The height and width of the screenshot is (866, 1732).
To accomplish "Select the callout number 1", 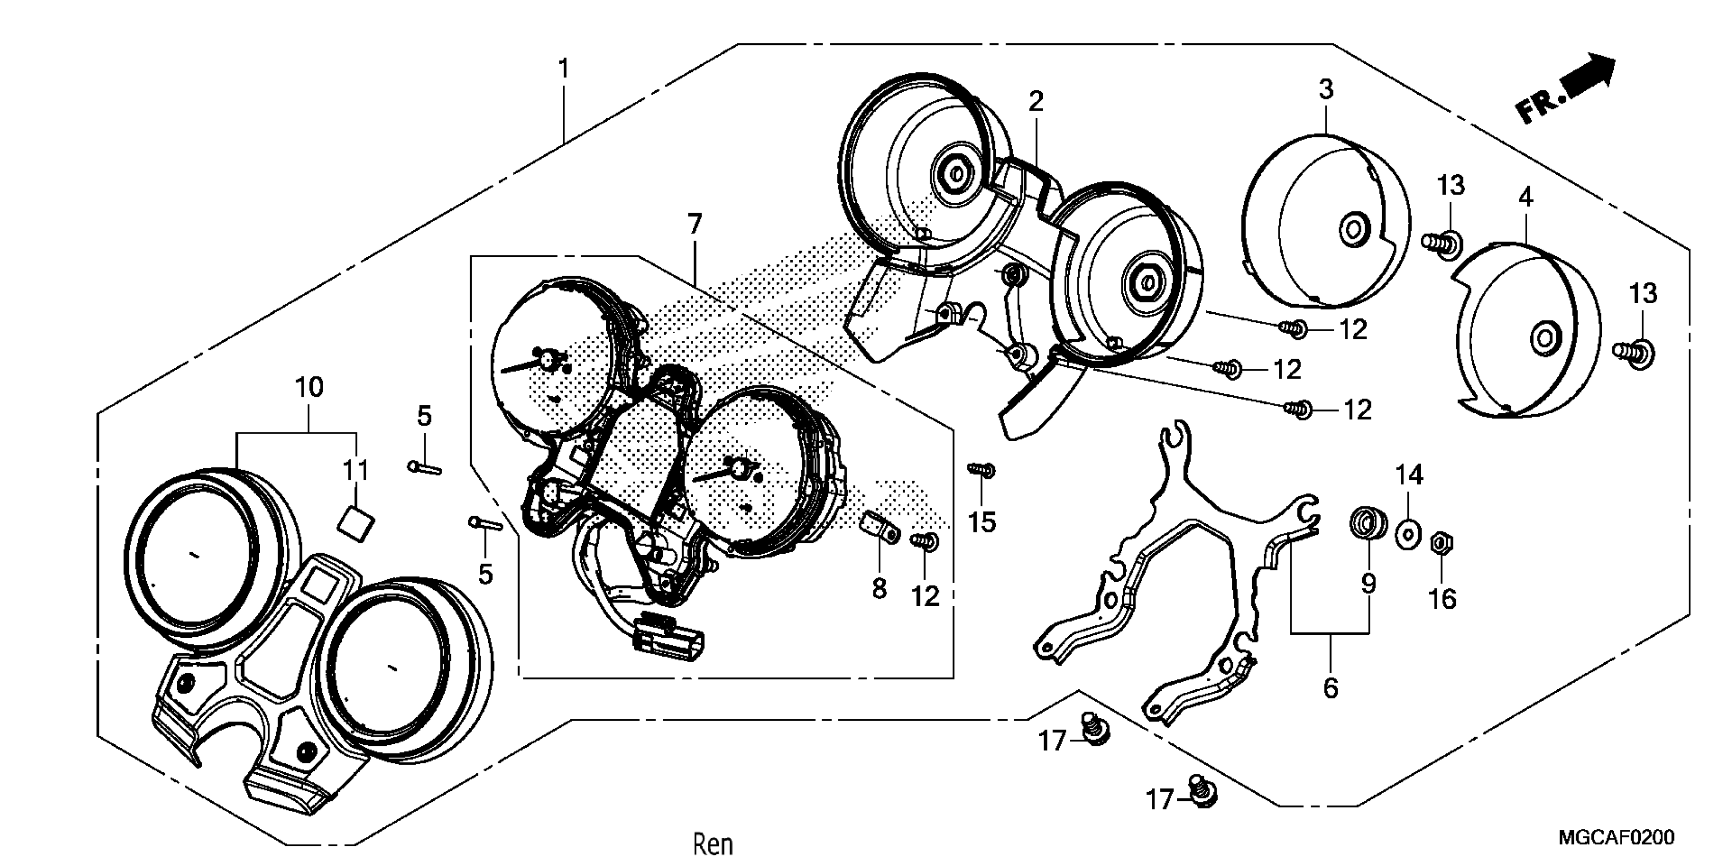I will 563,69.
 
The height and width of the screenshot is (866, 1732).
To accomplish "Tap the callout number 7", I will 694,223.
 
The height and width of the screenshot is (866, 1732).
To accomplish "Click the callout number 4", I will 1526,198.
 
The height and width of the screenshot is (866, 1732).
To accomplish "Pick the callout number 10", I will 309,387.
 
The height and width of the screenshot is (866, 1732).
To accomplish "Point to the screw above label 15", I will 981,470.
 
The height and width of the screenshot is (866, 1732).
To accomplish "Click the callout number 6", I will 1330,688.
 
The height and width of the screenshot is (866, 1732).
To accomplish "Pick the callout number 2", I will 1036,101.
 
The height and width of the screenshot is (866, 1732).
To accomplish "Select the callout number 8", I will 879,589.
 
